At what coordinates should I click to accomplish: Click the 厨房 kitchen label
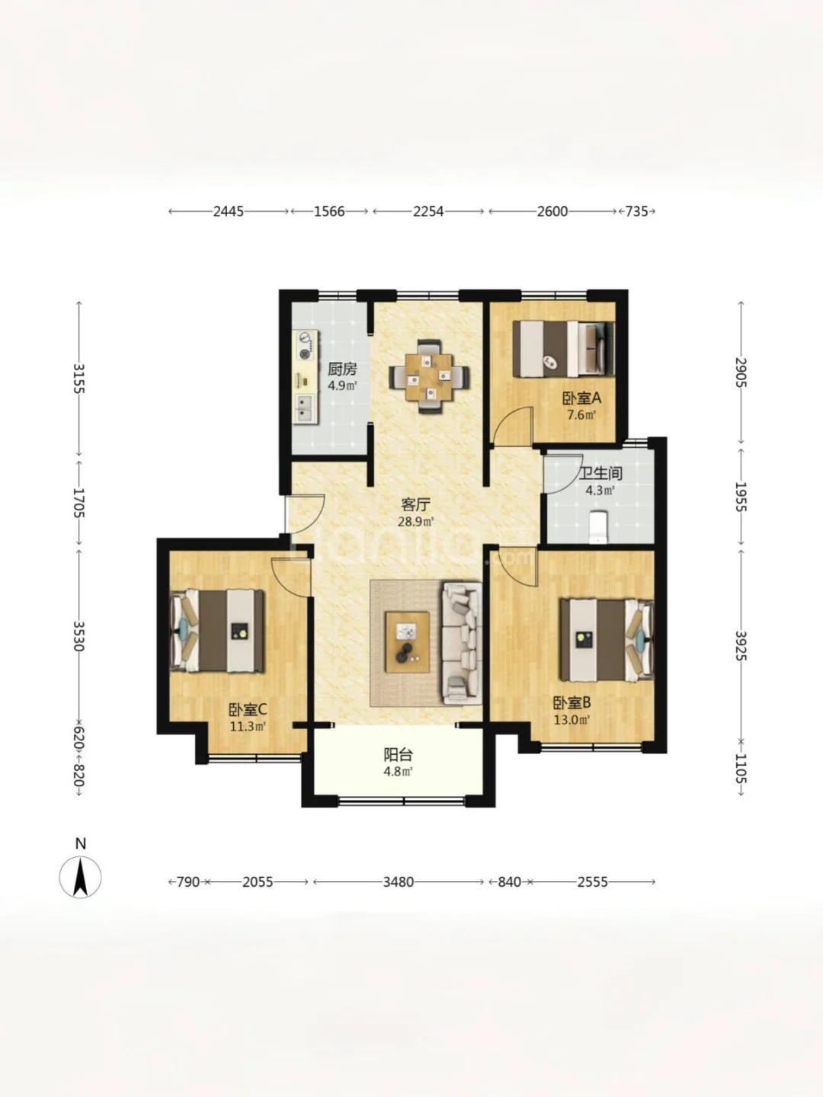342,369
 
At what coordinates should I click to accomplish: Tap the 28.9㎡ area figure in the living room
415,523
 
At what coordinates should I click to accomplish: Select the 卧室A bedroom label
581,398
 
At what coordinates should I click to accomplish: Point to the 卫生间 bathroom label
600,473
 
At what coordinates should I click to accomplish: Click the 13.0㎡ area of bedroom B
572,720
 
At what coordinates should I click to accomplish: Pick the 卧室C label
248,709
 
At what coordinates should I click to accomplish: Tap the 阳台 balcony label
399,755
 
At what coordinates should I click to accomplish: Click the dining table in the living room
429,377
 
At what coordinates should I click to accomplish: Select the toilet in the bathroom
597,526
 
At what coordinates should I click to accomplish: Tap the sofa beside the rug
461,643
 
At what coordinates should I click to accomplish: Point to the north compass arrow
81,877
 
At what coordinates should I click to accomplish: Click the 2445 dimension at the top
229,212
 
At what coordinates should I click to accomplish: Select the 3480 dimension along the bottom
399,882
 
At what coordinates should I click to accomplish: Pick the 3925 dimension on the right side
741,646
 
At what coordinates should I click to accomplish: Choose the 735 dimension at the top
637,212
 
